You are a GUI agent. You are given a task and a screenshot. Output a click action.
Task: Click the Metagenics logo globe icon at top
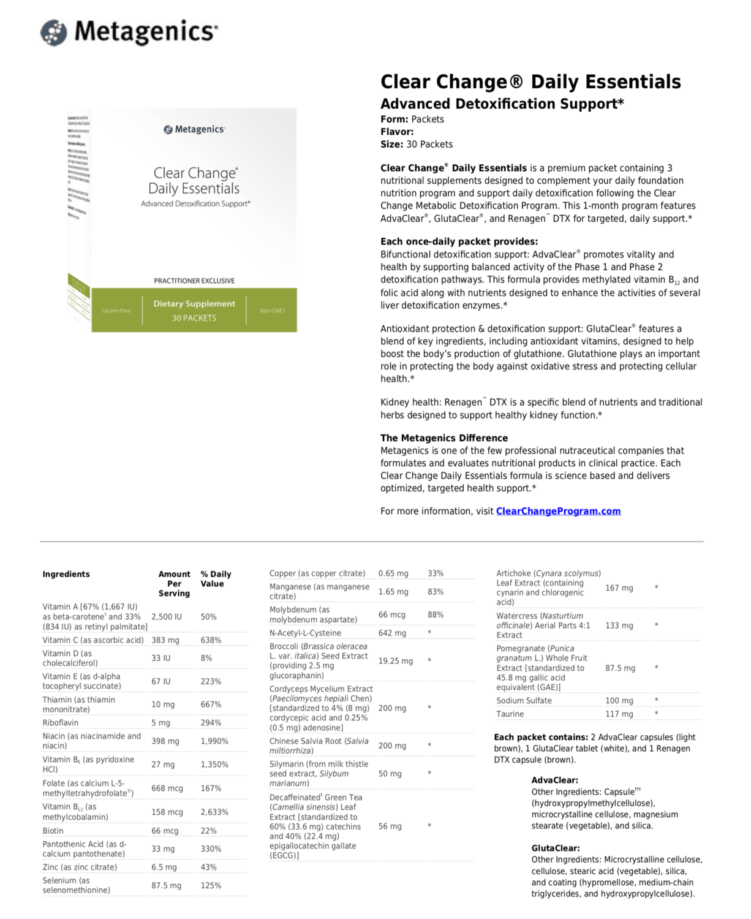coord(54,32)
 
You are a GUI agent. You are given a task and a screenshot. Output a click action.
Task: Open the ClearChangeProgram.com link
coord(558,511)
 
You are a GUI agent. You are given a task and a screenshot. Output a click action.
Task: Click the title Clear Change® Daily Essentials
coord(530,82)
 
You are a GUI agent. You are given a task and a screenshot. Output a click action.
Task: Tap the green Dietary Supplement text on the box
coord(194,303)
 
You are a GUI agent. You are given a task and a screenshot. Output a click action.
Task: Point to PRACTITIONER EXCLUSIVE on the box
coord(194,281)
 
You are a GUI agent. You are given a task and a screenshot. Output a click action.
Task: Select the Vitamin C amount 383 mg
coord(165,640)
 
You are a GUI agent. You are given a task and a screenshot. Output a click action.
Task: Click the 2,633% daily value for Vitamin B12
coord(214,812)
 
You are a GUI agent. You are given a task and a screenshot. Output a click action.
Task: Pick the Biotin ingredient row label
coord(53,831)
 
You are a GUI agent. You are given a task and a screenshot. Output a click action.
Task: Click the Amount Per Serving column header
coord(174,583)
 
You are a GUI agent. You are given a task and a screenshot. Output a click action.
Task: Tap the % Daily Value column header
coord(216,579)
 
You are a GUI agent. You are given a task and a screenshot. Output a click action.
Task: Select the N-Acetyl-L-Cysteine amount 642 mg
coord(392,633)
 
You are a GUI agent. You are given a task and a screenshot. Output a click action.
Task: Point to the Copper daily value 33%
coord(436,573)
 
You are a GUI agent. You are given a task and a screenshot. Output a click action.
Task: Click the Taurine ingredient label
coord(510,714)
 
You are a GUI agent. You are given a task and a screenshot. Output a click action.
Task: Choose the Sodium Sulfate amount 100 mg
coord(619,700)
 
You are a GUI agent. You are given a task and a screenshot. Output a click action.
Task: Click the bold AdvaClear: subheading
coord(554,780)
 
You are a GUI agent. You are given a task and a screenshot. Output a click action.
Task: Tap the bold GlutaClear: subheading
coord(556,848)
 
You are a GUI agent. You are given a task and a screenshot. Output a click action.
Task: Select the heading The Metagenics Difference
coord(444,438)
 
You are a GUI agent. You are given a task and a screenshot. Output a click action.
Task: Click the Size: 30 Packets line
coord(417,144)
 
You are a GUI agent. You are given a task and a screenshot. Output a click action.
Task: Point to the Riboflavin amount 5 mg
coord(161,723)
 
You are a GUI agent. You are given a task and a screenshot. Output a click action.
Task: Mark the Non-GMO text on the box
coord(272,311)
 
